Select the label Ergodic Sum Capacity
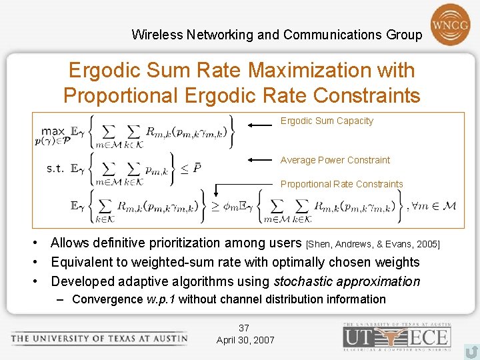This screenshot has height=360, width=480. coord(327,121)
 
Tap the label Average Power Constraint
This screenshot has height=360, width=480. coord(335,160)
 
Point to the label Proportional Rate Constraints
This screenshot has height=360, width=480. coord(342,184)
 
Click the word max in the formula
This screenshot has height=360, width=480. coord(53,131)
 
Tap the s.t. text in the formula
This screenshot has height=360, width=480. coord(55,168)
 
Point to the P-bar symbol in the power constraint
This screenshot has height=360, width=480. coord(197,167)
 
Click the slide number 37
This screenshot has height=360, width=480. coord(244,328)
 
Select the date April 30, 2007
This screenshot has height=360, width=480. coord(245,340)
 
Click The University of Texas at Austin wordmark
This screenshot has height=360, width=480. coord(99,338)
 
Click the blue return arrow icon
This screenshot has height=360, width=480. coord(471,351)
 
